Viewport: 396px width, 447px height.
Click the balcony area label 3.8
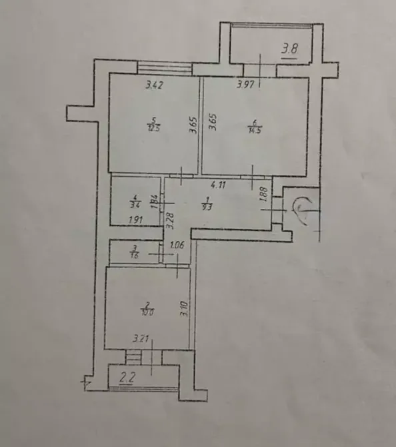[290, 49]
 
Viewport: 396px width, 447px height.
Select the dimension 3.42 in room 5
[155, 85]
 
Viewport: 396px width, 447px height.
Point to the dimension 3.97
[247, 85]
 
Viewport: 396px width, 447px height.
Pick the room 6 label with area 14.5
[254, 126]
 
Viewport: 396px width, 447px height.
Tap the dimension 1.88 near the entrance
[263, 194]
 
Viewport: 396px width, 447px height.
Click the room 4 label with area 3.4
[135, 200]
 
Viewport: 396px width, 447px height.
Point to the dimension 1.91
[136, 219]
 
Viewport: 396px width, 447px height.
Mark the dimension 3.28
[170, 218]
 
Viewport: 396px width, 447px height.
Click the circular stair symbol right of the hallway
[303, 207]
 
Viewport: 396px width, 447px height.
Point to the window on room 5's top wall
[164, 68]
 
